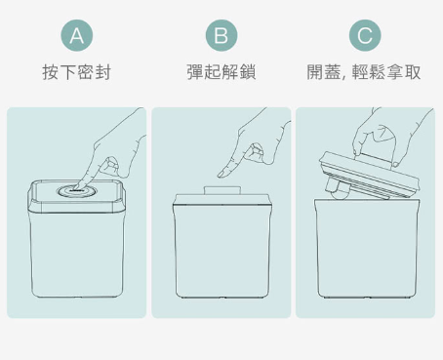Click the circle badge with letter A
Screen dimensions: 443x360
tap(77, 35)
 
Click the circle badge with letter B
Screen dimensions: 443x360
tap(221, 35)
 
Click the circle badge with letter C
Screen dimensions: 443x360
tap(365, 35)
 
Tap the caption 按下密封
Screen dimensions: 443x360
tap(77, 72)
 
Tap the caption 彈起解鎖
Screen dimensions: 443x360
tap(221, 72)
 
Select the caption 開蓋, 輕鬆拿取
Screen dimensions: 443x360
tap(364, 72)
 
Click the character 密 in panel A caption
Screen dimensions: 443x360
tap(86, 72)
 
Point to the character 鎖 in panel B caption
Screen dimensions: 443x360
tap(248, 72)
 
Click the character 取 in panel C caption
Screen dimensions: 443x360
tap(413, 72)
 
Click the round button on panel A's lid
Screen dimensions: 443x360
tap(74, 191)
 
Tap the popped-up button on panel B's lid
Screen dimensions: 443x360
tap(222, 190)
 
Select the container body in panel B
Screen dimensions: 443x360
tap(222, 251)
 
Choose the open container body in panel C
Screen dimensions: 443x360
tap(367, 249)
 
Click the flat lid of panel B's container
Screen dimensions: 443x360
tap(222, 200)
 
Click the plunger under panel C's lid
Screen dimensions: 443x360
tap(339, 189)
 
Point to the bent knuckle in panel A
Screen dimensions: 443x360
tap(111, 163)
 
